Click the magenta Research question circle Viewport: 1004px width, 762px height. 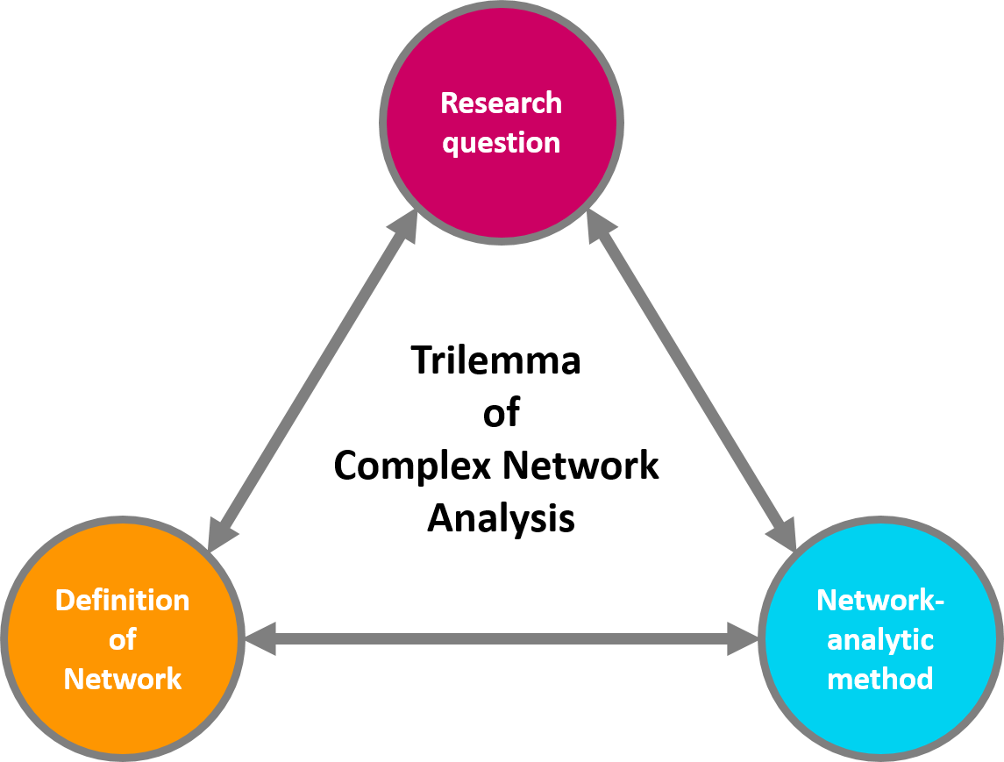(x=502, y=184)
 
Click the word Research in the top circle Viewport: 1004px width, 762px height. (x=501, y=103)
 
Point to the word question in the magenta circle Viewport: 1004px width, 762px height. (x=501, y=143)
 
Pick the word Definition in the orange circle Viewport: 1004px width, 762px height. (x=122, y=601)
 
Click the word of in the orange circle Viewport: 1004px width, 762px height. (x=122, y=640)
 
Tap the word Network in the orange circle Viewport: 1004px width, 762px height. (x=122, y=679)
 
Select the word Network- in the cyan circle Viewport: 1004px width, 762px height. (x=880, y=601)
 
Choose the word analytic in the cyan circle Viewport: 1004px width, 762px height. (x=880, y=640)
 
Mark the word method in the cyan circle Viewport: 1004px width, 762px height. (x=880, y=679)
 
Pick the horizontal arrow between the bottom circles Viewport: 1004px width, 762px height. (x=502, y=639)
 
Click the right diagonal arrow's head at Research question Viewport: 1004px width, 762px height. (x=600, y=226)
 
